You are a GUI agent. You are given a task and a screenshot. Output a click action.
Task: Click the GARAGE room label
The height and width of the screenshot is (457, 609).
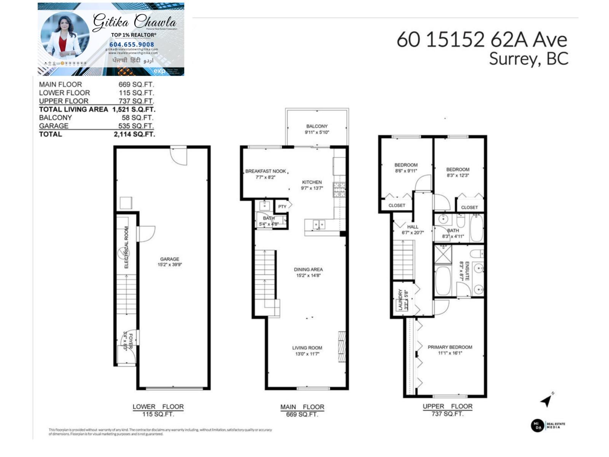point(169,259)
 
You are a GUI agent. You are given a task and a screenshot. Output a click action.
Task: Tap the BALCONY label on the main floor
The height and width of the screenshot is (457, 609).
point(317,126)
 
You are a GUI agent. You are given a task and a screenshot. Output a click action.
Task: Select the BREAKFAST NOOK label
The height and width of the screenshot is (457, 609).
point(265,171)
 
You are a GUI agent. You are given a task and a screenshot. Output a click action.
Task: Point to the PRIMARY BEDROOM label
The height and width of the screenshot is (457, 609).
point(450,347)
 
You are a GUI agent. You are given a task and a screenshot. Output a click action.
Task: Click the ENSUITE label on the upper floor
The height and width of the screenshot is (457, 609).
point(467,271)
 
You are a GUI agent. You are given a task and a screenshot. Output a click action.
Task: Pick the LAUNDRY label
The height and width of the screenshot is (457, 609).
point(400,299)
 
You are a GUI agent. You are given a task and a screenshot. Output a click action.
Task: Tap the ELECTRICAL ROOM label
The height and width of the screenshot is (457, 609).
point(126,248)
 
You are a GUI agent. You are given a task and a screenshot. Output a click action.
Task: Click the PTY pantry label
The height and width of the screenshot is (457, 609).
point(282,207)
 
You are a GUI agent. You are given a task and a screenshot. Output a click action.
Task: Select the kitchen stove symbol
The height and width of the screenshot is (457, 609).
point(340,190)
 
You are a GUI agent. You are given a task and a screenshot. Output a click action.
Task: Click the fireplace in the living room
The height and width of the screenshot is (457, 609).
point(342,347)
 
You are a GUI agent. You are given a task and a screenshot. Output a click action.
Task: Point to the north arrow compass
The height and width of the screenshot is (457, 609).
point(547,400)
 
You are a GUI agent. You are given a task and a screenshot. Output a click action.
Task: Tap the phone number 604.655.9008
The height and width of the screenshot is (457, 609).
point(132,45)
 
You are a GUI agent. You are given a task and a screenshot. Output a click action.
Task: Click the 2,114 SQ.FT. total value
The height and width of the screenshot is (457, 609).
point(134,134)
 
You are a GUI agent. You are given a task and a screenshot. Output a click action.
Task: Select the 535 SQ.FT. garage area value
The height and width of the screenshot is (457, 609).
point(136,126)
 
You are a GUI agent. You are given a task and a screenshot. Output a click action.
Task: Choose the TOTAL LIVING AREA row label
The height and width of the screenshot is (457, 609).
point(73,109)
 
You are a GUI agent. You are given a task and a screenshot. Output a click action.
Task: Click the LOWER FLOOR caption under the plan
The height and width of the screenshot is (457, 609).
point(158,407)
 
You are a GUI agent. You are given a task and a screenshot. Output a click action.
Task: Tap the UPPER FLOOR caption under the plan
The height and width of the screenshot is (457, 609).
point(448,406)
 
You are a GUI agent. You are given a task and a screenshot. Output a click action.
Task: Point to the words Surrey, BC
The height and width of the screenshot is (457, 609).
point(528,59)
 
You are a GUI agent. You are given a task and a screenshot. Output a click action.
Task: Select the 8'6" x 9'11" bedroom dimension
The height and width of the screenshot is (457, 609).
point(406,171)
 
